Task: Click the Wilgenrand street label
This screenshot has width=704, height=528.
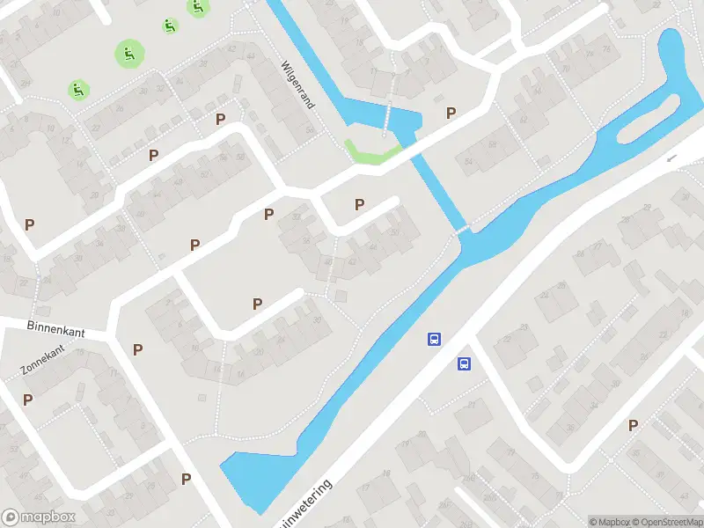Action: click(x=297, y=84)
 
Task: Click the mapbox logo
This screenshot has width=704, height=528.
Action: click(x=39, y=517)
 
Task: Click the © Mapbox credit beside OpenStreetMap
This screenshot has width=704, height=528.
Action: click(x=609, y=522)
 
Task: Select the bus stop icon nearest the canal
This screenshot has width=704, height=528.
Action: click(x=434, y=339)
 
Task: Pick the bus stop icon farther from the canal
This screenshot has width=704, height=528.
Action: click(x=464, y=363)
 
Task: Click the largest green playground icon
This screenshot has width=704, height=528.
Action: click(x=129, y=54)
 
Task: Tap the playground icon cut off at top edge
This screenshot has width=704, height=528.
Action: click(x=198, y=6)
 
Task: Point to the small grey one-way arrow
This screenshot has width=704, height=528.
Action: click(x=672, y=158)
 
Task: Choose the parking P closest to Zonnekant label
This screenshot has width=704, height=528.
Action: click(x=28, y=400)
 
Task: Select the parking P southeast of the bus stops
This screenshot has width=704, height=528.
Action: click(x=633, y=426)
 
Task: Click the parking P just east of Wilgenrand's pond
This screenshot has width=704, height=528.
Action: click(x=451, y=113)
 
